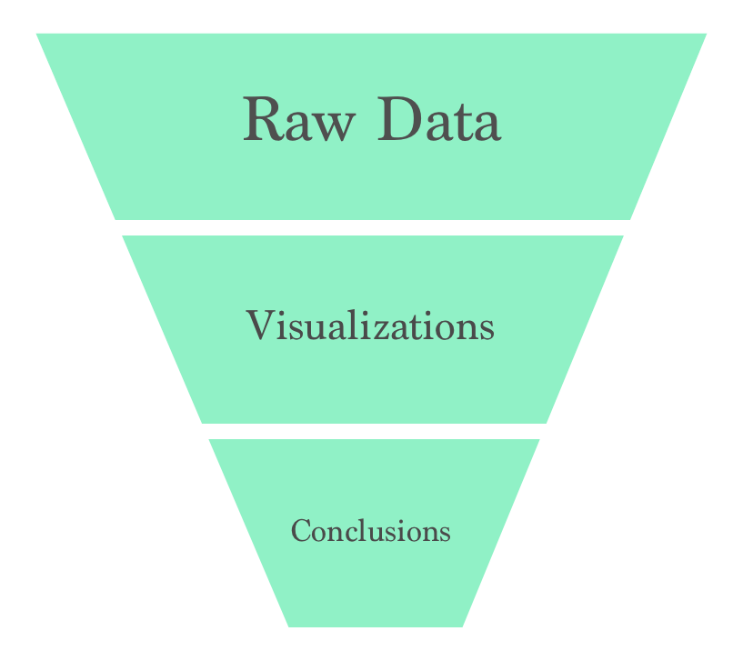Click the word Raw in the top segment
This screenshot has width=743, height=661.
(296, 121)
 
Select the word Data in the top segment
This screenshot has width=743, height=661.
(438, 121)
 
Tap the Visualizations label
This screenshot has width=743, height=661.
(370, 325)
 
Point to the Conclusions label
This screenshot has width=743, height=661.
(370, 531)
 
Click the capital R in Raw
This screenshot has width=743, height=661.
(262, 120)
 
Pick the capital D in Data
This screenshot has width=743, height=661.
(397, 120)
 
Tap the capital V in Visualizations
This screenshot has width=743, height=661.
(257, 325)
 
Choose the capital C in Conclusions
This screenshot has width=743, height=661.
(301, 531)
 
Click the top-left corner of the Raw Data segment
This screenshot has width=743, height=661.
(37, 35)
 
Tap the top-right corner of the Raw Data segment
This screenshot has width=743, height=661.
(705, 35)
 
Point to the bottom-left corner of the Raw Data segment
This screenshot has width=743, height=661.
(115, 217)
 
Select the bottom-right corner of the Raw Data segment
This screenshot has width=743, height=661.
(629, 217)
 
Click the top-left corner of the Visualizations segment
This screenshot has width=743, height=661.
(124, 237)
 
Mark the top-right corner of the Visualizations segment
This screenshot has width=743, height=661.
(622, 237)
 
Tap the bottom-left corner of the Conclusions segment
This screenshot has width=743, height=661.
(289, 625)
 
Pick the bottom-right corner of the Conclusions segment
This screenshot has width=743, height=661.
(462, 625)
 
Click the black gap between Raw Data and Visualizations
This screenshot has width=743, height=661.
(372, 227)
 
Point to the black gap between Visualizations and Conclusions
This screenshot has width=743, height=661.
(372, 431)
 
